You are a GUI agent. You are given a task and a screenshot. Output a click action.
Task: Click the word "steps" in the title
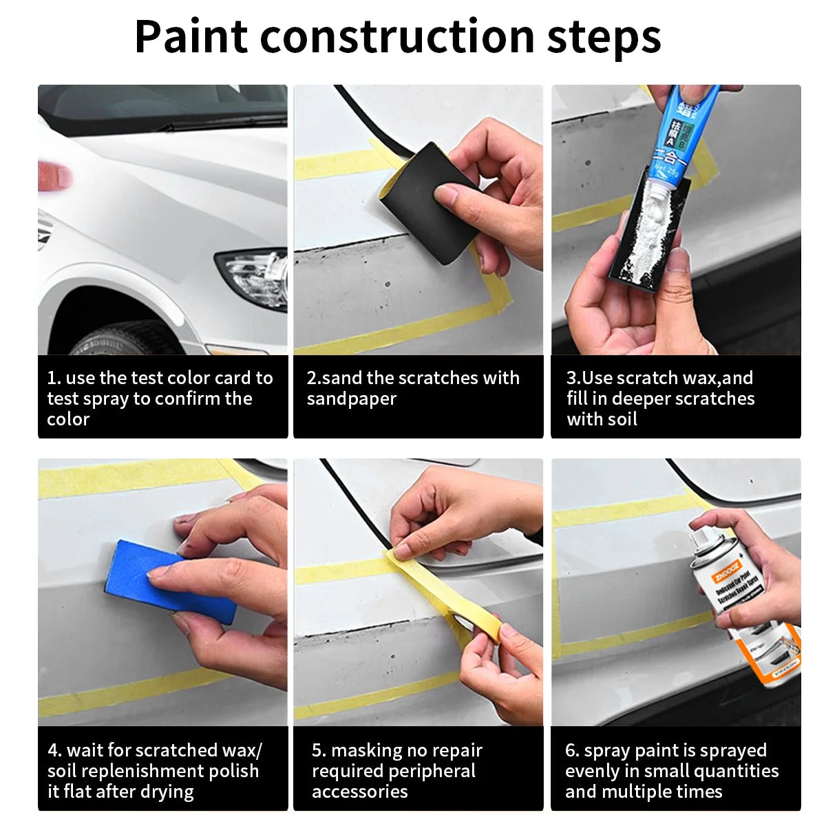(x=604, y=38)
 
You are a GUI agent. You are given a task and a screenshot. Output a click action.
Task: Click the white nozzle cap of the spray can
(x=710, y=533)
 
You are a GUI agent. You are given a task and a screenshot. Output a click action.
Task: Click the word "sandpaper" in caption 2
(x=351, y=399)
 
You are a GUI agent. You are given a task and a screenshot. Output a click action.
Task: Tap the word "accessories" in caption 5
(x=359, y=792)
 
